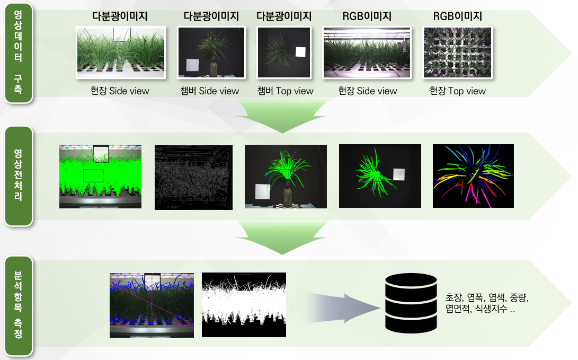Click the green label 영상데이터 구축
pos(19,52)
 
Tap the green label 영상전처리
pos(19,176)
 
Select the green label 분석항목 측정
pos(19,306)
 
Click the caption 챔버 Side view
pos(209,91)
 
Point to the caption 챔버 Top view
pos(285,91)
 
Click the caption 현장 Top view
pos(457,91)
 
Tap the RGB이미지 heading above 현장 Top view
pos(457,16)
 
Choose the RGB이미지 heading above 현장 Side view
pos(367,16)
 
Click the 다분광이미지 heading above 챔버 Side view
pos(211,16)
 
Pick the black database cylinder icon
pos(411,303)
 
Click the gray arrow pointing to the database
pos(343,309)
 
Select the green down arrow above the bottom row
pos(282,238)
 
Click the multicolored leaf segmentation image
pos(473,176)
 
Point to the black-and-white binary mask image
pos(244,305)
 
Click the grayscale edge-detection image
pos(193,178)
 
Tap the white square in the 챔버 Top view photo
pos(300,51)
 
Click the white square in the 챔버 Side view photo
pos(192,65)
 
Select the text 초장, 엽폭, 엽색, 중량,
pos(487,297)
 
